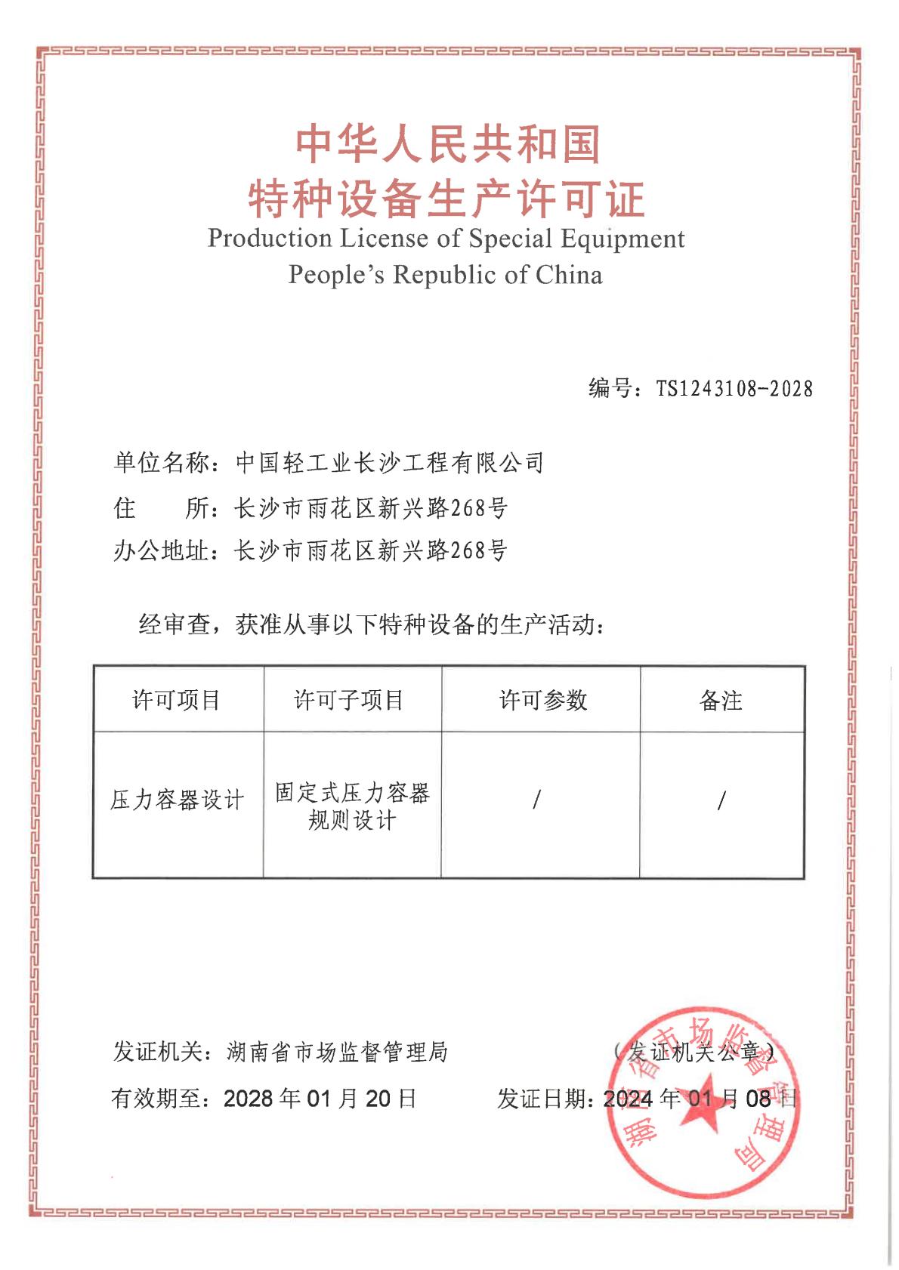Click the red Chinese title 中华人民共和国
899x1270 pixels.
[448, 144]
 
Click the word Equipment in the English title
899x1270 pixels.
[623, 239]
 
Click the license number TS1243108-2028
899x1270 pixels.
[734, 389]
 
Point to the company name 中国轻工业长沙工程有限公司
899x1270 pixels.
[390, 462]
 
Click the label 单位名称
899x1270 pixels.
[161, 462]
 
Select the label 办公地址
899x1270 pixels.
[161, 550]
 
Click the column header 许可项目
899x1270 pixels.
[177, 700]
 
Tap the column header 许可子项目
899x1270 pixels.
[349, 700]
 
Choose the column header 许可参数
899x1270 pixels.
[542, 700]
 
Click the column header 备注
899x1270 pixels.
[721, 701]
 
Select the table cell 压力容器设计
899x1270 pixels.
[178, 800]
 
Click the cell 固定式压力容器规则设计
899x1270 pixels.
[352, 806]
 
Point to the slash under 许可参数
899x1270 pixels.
[536, 799]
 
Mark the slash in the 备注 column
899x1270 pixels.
[721, 800]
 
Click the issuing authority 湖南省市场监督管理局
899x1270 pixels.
[337, 1051]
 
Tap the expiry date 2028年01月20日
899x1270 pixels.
[320, 1098]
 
